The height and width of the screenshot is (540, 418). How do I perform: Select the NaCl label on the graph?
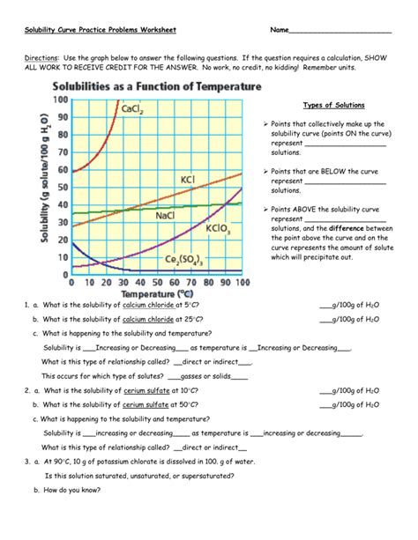coord(165,215)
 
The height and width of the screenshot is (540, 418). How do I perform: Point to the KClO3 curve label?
coord(219,228)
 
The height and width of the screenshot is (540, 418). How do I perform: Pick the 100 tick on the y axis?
coord(59,100)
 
